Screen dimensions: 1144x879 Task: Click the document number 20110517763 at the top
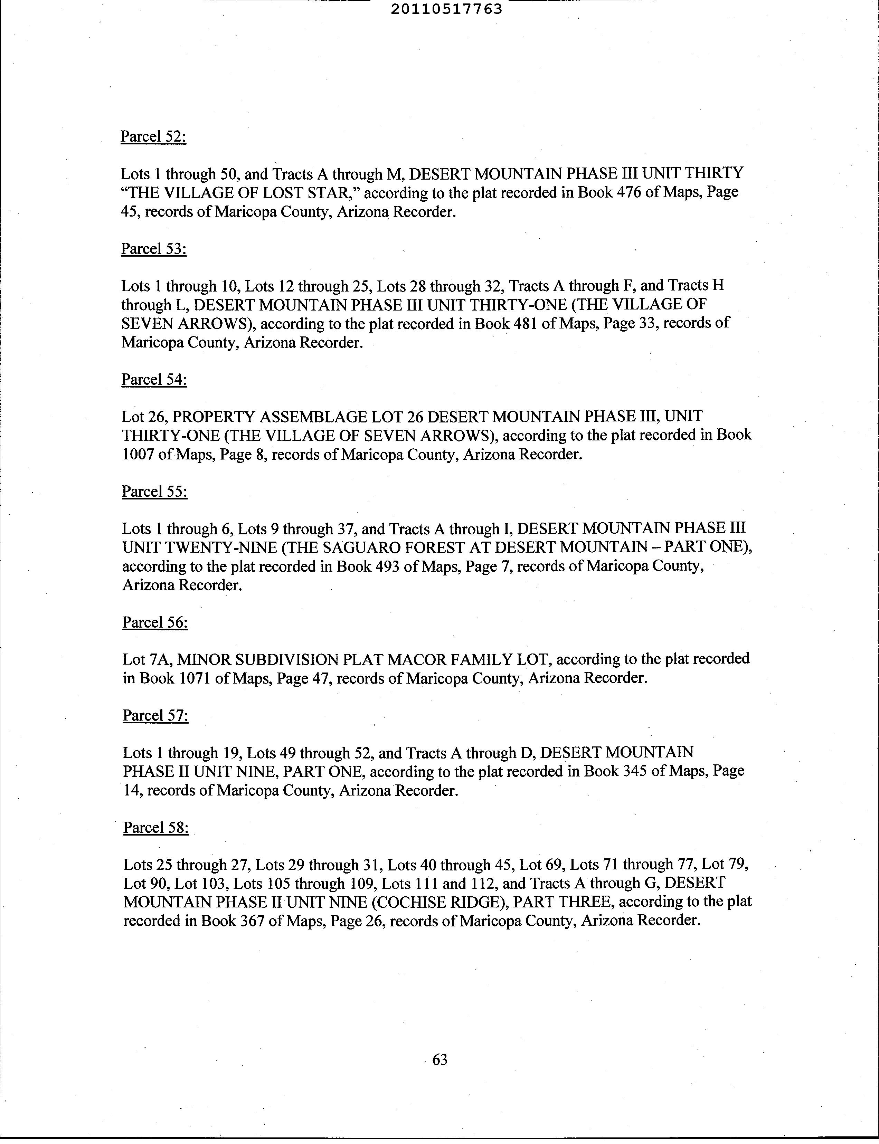[x=446, y=9]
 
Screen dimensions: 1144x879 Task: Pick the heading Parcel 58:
[x=156, y=828]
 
